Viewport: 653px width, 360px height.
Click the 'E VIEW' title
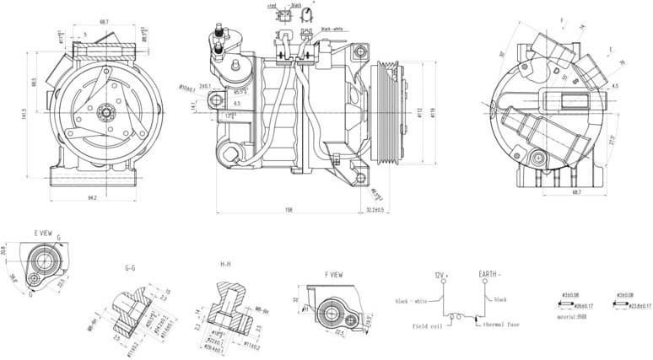45,232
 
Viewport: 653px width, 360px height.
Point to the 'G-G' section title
131,267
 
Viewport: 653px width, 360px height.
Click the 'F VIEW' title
333,275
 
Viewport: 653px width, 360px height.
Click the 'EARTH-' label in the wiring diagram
489,275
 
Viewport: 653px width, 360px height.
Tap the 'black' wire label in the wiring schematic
500,299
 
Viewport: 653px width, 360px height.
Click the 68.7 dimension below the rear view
576,193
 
